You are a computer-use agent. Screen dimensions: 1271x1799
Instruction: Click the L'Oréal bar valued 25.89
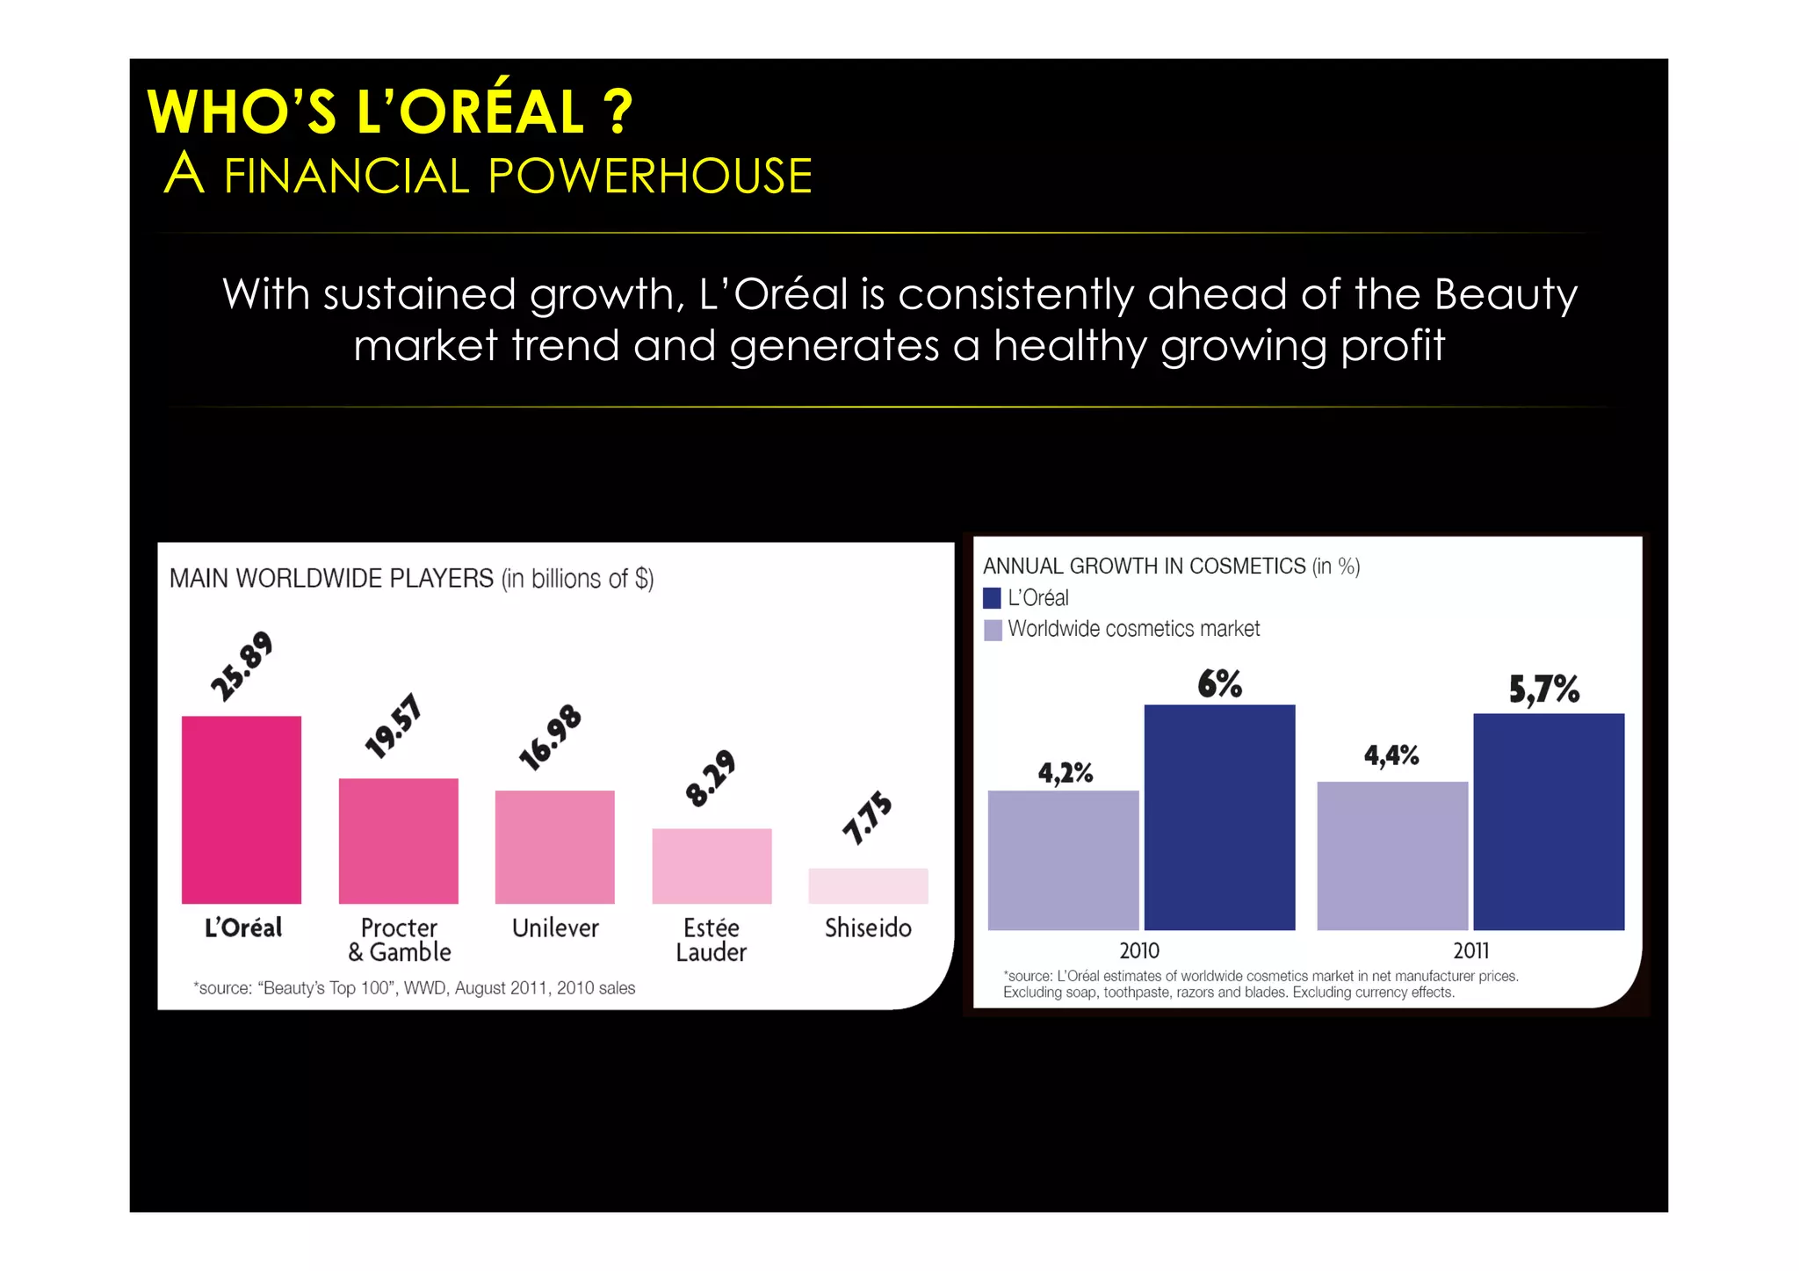point(242,809)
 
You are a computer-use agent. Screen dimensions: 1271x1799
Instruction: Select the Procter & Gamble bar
point(398,841)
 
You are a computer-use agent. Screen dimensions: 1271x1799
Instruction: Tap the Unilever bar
point(554,847)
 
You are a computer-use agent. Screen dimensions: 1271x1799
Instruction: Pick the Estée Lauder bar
point(712,865)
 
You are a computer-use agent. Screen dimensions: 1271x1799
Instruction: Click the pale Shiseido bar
point(868,885)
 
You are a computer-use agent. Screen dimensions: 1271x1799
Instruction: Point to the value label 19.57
point(394,726)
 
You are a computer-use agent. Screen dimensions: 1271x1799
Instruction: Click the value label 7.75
point(867,819)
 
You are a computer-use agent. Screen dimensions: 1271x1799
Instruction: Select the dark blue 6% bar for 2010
point(1219,817)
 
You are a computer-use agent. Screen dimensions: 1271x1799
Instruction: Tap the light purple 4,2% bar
point(1063,860)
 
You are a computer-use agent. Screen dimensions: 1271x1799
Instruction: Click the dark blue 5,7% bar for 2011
point(1549,821)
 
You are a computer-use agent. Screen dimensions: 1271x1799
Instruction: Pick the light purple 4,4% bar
point(1392,856)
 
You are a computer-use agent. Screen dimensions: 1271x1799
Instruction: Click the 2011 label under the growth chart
point(1470,950)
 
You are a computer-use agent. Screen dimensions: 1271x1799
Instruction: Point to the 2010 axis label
point(1139,950)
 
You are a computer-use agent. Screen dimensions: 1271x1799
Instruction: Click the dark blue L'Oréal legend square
point(993,598)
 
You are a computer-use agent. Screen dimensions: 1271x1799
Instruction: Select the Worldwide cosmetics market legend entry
point(1133,629)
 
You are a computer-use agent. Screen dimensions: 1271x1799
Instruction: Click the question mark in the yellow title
point(618,112)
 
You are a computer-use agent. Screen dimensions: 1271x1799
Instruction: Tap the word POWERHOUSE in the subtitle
point(650,176)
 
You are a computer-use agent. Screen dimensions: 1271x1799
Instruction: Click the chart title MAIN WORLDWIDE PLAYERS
point(331,579)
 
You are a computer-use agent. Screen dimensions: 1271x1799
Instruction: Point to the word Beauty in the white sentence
point(1506,294)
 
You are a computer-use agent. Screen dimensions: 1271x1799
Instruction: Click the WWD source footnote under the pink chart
point(414,988)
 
